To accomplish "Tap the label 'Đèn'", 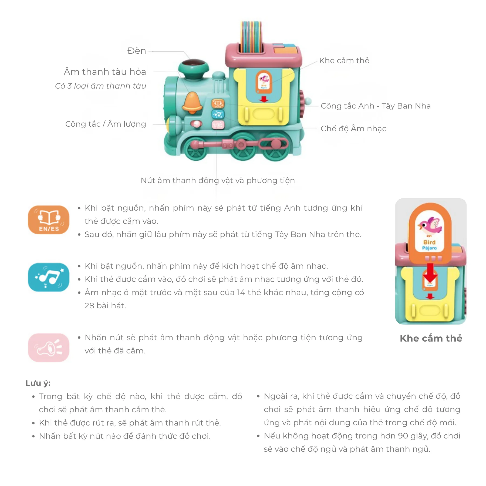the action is [137, 51].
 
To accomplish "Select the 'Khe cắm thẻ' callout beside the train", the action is [344, 60].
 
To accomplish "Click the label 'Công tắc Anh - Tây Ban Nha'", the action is [376, 106].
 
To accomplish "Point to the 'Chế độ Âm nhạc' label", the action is [353, 128].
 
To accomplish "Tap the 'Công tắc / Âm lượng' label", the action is [106, 124].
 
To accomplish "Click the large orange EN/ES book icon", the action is [49, 220].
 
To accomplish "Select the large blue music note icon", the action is [49, 277].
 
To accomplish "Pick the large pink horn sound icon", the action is [49, 347].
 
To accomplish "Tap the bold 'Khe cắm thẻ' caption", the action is [431, 338].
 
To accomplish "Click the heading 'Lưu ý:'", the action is [38, 383].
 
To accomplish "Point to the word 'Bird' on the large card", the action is [429, 242].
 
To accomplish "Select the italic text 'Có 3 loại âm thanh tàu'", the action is [100, 86].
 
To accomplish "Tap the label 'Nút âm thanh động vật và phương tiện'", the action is [218, 180].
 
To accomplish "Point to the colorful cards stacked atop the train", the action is [251, 36].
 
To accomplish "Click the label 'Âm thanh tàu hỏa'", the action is [105, 72].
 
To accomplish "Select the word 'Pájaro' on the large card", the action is [429, 248].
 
